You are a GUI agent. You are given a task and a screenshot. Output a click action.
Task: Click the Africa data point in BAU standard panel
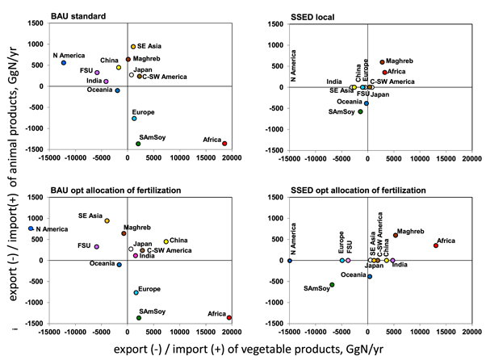pyautogui.click(x=224, y=144)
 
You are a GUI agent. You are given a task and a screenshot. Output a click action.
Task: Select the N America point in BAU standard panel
pyautogui.click(x=64, y=63)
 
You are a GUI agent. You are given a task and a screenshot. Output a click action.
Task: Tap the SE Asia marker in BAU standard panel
pyautogui.click(x=133, y=47)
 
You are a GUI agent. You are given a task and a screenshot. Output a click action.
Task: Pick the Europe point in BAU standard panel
pyautogui.click(x=135, y=119)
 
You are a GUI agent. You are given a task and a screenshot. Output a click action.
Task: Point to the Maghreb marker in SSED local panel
pyautogui.click(x=382, y=62)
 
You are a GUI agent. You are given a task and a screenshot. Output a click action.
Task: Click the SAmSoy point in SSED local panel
pyautogui.click(x=360, y=111)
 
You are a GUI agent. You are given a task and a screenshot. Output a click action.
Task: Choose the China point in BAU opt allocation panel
pyautogui.click(x=166, y=241)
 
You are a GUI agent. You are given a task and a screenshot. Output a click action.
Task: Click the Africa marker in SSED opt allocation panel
pyautogui.click(x=435, y=245)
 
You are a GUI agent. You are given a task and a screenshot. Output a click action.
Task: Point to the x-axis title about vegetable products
pyautogui.click(x=243, y=350)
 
